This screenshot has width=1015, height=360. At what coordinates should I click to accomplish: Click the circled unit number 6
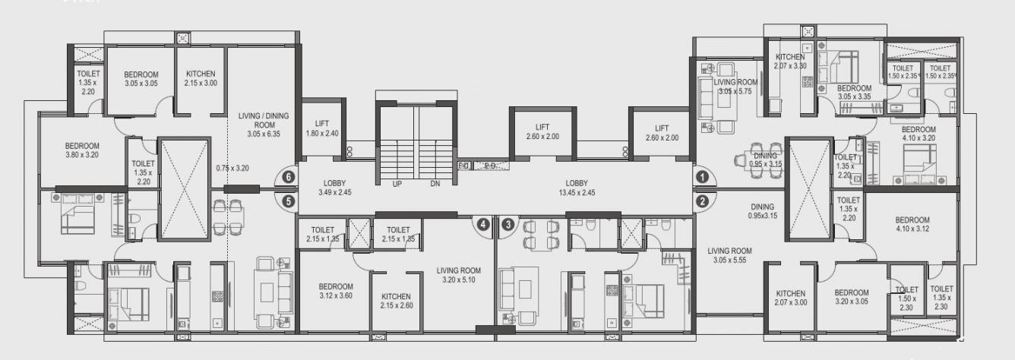click(x=287, y=176)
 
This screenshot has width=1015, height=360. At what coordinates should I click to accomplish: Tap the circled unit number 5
click(x=287, y=201)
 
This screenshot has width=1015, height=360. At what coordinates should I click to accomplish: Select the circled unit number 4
click(x=482, y=224)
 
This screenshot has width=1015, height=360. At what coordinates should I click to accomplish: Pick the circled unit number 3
click(x=507, y=224)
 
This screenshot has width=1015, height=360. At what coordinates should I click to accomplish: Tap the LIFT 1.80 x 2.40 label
click(x=321, y=128)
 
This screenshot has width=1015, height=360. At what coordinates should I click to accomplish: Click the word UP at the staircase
click(x=397, y=185)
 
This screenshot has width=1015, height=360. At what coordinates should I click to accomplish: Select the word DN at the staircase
click(x=435, y=185)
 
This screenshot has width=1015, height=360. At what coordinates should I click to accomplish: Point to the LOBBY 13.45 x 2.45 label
click(x=577, y=188)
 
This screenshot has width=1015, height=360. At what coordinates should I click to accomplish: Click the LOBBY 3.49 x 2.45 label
click(x=334, y=188)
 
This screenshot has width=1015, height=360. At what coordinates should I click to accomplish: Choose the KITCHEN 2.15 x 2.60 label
click(x=396, y=301)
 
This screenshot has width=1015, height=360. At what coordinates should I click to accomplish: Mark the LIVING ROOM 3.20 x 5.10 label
click(x=459, y=274)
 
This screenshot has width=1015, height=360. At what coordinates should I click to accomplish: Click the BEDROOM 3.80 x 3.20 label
click(x=82, y=150)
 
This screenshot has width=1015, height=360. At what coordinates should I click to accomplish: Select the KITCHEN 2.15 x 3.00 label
click(x=201, y=78)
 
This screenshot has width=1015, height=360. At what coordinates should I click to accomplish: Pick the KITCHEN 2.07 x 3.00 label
click(x=790, y=298)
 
